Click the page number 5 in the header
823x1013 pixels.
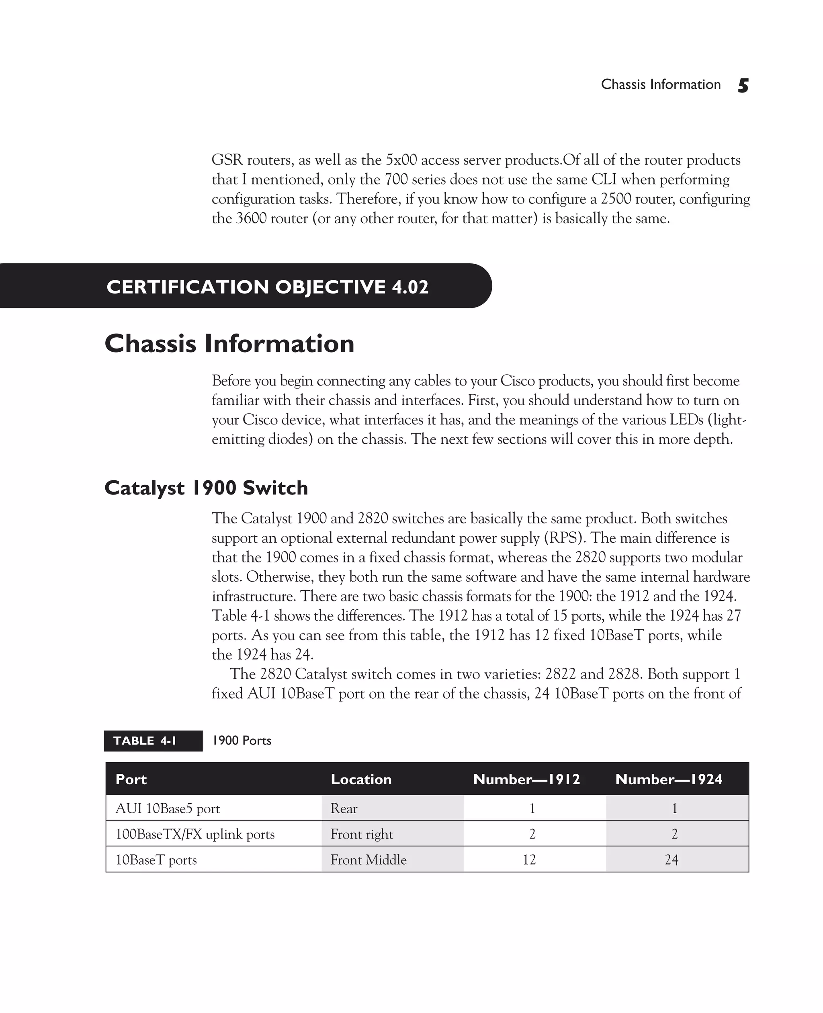pyautogui.click(x=743, y=85)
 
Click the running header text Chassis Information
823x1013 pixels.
pyautogui.click(x=660, y=84)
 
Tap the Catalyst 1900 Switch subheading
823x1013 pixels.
pyautogui.click(x=206, y=488)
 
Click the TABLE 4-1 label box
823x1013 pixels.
pyautogui.click(x=153, y=741)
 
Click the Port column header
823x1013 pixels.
pyautogui.click(x=131, y=779)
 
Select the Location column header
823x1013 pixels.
pyautogui.click(x=361, y=779)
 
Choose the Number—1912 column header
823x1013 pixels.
pyautogui.click(x=526, y=779)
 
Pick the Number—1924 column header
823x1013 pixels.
pyautogui.click(x=668, y=779)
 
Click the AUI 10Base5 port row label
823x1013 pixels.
pyautogui.click(x=168, y=809)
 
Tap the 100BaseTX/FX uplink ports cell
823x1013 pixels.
pyautogui.click(x=195, y=834)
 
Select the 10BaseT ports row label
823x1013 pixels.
pyautogui.click(x=156, y=860)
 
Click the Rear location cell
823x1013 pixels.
pyautogui.click(x=344, y=809)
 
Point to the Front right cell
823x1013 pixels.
pyautogui.click(x=362, y=834)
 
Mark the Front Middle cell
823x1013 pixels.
pyautogui.click(x=369, y=860)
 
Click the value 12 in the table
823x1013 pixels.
pyautogui.click(x=529, y=860)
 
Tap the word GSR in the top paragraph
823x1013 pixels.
pyautogui.click(x=227, y=160)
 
